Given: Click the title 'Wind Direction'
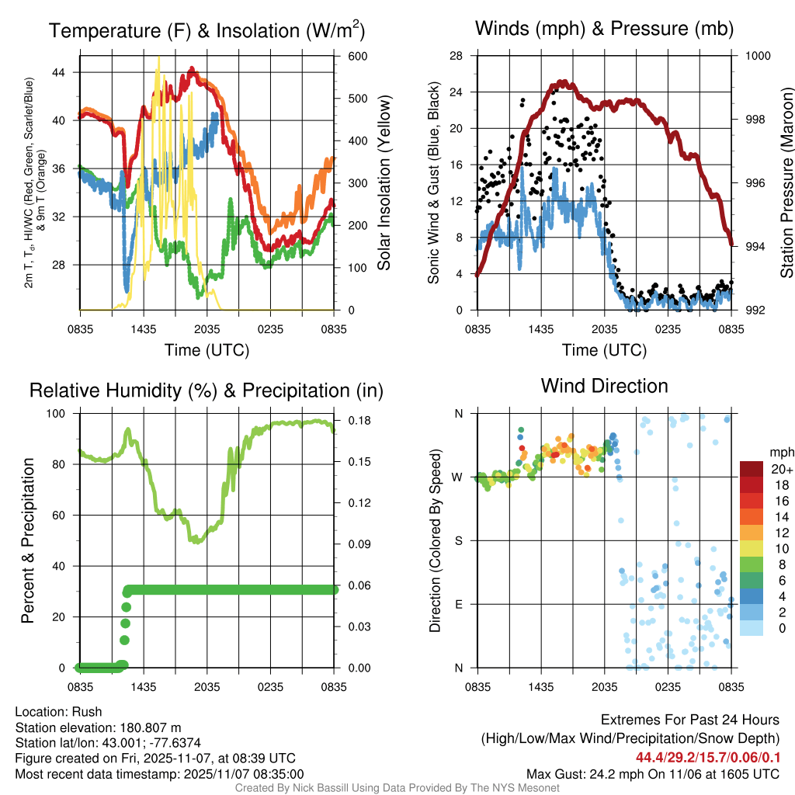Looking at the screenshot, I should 604,386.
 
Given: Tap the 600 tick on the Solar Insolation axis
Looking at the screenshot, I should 358,56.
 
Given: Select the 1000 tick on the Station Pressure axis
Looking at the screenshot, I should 757,56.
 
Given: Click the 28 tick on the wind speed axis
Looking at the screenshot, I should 457,56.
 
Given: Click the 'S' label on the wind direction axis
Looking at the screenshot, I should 459,540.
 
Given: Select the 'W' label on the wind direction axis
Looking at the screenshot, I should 458,477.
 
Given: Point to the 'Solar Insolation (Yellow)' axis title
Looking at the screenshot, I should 384,183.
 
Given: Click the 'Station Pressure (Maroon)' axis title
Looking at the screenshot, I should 786,183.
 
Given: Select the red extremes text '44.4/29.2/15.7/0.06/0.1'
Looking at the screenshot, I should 708,757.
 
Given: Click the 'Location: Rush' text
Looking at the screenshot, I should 58,712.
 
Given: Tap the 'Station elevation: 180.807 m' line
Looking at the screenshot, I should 98,727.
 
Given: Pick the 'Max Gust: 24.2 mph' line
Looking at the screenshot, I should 652,774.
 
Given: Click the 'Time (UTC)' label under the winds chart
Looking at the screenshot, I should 604,350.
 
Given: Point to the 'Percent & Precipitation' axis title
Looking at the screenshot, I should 27,540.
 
